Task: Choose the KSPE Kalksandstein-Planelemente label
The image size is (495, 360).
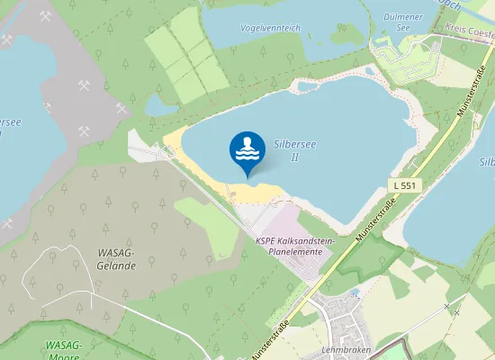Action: tap(294, 247)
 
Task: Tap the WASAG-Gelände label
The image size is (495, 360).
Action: tap(116, 260)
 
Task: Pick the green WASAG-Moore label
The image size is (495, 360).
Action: tap(63, 349)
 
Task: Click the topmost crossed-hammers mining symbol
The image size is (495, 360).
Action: tap(46, 15)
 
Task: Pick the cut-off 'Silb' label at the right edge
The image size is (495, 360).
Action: tap(487, 162)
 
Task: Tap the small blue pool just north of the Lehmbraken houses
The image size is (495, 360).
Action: tap(354, 292)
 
